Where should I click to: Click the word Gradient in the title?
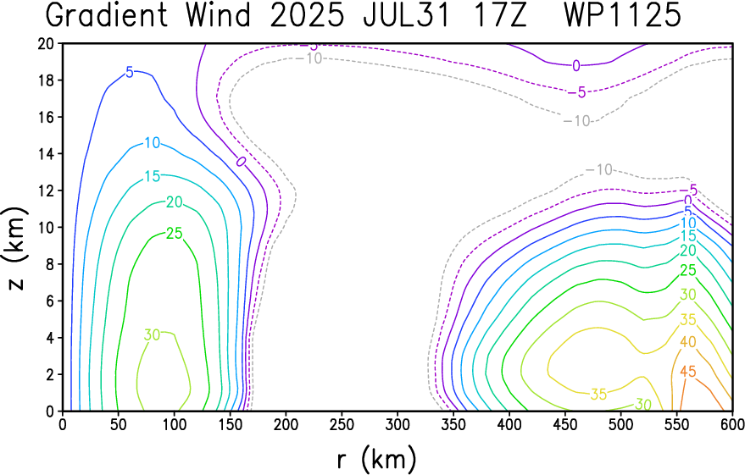point(107,15)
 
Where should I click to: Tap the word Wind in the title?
point(218,15)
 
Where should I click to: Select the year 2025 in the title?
point(307,15)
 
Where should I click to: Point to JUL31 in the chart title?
point(407,15)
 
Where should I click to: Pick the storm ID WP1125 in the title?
point(622,15)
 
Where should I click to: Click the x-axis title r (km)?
point(377,460)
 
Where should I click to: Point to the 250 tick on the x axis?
point(342,424)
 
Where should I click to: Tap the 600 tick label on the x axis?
point(731,424)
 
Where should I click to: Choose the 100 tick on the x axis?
point(174,424)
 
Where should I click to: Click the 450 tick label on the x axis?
point(564,424)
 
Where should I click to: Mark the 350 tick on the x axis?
point(453,424)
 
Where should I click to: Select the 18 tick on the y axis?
point(47,80)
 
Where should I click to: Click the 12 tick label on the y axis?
point(47,191)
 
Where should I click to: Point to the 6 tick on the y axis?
point(51,301)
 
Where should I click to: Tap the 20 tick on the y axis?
point(47,44)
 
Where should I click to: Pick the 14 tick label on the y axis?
point(47,154)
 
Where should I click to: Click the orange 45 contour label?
point(688,371)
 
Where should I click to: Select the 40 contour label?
point(688,341)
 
